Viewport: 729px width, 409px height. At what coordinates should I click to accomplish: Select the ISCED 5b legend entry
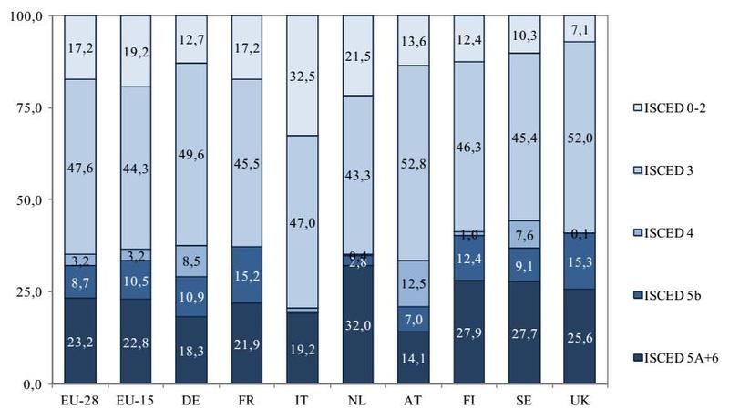[666, 292]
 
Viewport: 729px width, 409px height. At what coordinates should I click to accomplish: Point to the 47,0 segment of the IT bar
[302, 222]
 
